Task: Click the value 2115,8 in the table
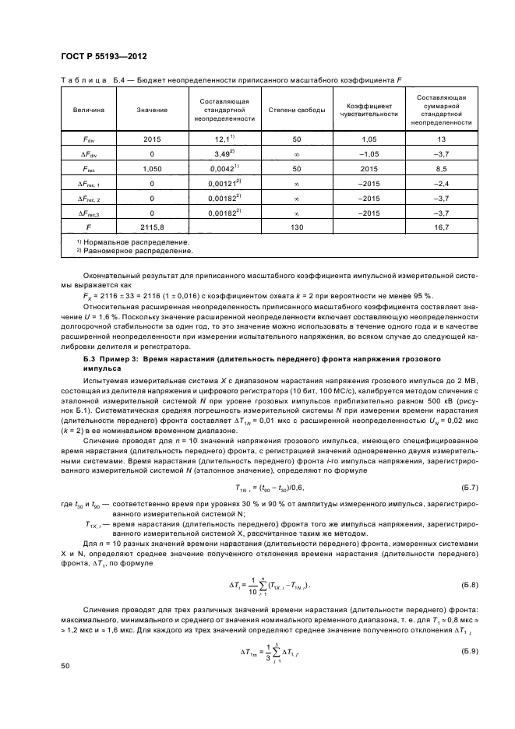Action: point(146,227)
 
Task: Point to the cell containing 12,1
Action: point(222,138)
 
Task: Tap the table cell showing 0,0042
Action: point(223,167)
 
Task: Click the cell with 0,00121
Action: point(223,182)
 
